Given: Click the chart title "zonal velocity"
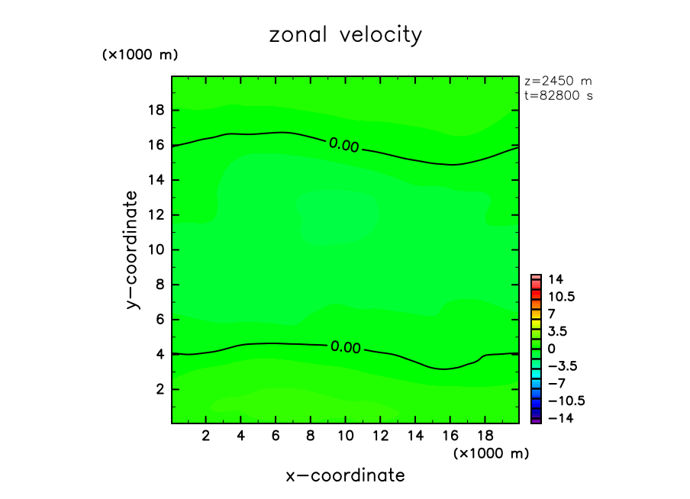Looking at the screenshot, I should click(x=345, y=35).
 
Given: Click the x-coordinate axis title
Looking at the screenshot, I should click(x=345, y=476).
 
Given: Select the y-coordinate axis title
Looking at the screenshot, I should click(x=134, y=250).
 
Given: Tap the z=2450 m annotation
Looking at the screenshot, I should click(x=559, y=81).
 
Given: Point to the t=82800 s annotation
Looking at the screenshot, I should click(x=559, y=96).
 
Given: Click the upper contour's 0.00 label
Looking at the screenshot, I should click(x=343, y=145).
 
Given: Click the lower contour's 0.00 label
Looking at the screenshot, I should click(x=345, y=347).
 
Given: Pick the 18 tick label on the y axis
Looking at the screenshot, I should click(x=156, y=110).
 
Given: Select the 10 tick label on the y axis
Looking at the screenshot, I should click(x=156, y=250).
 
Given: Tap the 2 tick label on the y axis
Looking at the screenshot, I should click(x=160, y=389).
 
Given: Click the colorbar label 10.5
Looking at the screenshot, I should click(x=561, y=296).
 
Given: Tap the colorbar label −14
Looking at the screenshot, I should click(x=559, y=418).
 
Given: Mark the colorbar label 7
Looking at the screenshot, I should click(x=551, y=314).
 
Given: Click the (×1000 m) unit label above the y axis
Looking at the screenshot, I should click(x=140, y=55).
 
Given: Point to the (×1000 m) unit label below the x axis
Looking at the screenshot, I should click(x=491, y=453).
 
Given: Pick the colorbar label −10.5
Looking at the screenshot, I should click(x=564, y=401).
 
